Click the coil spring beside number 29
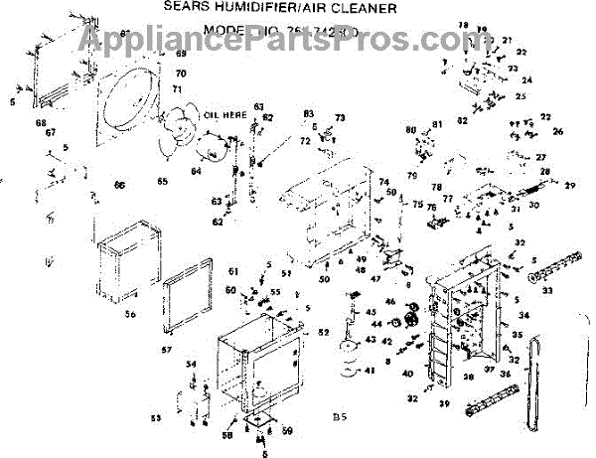click(x=545, y=182)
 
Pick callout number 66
click(x=119, y=185)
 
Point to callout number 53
click(x=155, y=418)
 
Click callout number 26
click(x=557, y=131)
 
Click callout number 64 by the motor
click(x=196, y=170)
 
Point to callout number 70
click(x=181, y=74)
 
